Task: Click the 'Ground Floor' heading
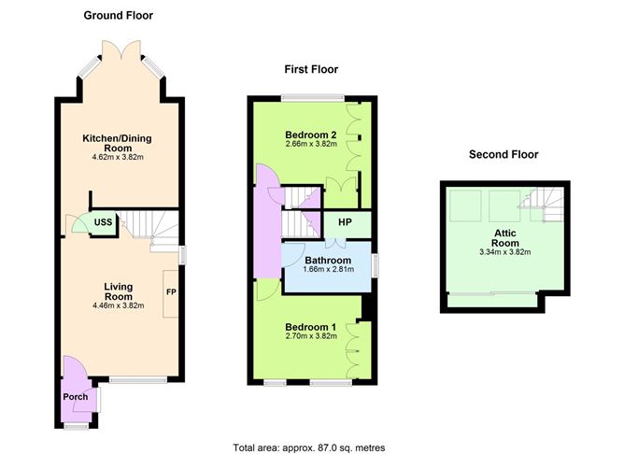(118, 15)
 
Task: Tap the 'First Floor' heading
(311, 69)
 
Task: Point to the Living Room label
(118, 286)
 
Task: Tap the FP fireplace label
(172, 291)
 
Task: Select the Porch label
(75, 397)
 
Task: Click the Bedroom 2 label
(310, 135)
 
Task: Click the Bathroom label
(327, 260)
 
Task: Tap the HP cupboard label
(343, 224)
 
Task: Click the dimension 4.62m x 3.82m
(117, 157)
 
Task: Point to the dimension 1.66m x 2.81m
(327, 271)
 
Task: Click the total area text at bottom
(308, 447)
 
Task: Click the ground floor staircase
(151, 224)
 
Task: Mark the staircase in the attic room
(541, 205)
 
